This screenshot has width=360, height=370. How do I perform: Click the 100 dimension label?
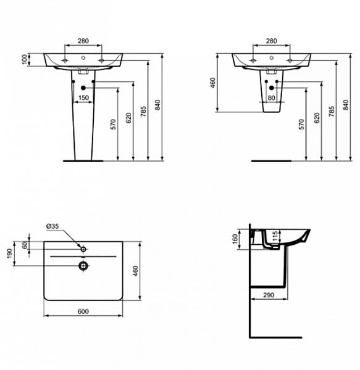pyautogui.click(x=25, y=59)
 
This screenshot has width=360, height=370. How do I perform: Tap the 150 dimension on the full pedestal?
pyautogui.click(x=83, y=97)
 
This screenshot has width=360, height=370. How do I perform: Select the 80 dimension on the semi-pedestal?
pyautogui.click(x=272, y=97)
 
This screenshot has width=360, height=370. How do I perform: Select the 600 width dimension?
pyautogui.click(x=83, y=311)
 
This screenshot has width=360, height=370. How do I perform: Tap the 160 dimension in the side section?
pyautogui.click(x=235, y=239)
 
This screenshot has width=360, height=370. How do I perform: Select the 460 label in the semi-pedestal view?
pyautogui.click(x=212, y=82)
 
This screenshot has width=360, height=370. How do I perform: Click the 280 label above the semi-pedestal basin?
pyautogui.click(x=272, y=41)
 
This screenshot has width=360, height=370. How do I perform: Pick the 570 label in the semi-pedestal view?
pyautogui.click(x=301, y=125)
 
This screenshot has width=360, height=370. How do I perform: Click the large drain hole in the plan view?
pyautogui.click(x=83, y=266)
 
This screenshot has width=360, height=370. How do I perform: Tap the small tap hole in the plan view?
pyautogui.click(x=83, y=249)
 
